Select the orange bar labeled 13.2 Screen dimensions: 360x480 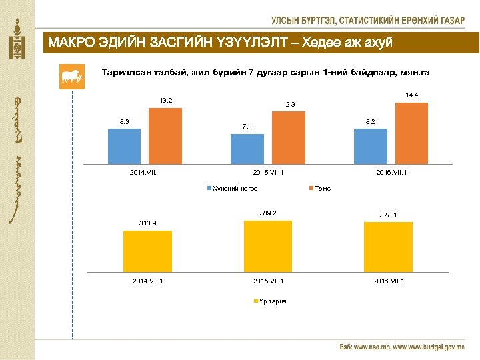coord(165,135)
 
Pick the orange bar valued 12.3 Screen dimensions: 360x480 coord(288,137)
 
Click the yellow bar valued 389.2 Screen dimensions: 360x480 coord(268,245)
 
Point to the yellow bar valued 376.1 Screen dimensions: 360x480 coord(388,247)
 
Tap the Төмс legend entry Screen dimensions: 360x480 coord(321,189)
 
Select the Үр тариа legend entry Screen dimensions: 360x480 coord(271,301)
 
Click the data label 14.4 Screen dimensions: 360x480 coord(411,95)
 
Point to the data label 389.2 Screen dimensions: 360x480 coord(268,213)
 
